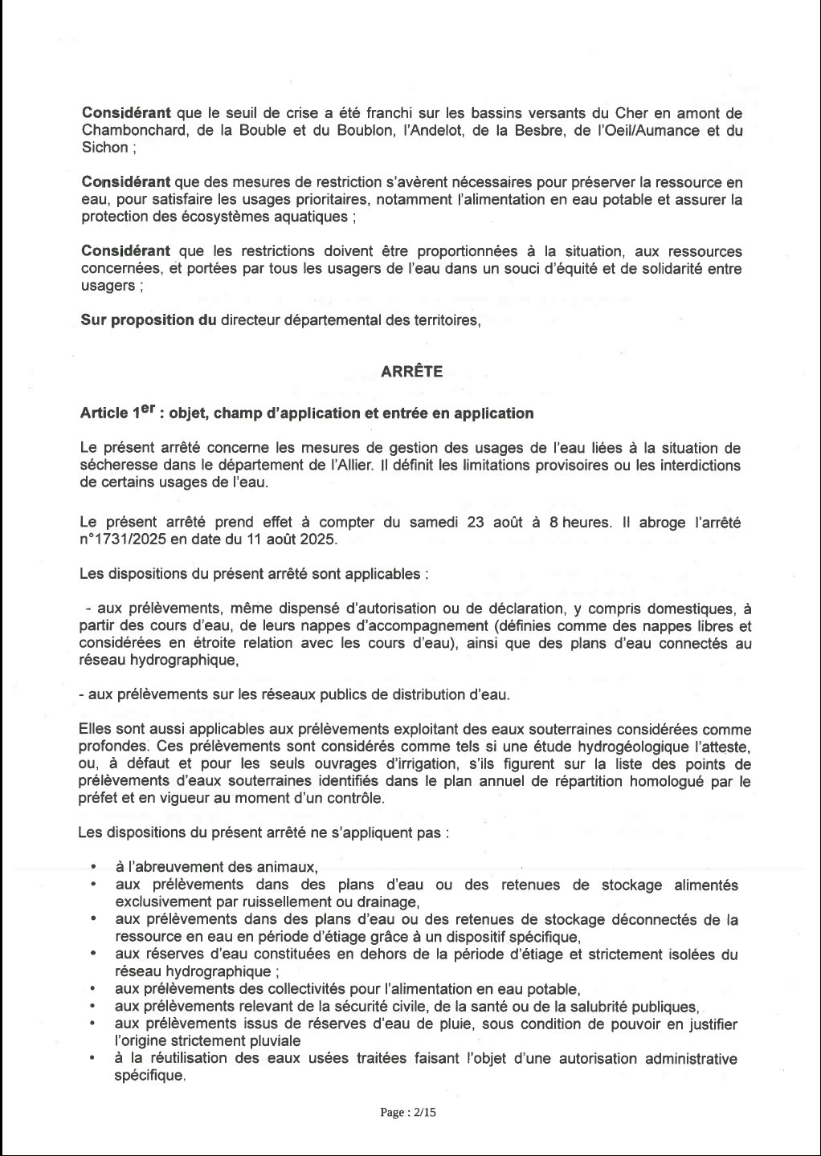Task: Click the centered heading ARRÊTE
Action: (x=410, y=371)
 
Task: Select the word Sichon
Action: (x=104, y=148)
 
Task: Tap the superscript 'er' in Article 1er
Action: (x=141, y=409)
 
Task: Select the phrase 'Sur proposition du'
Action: (x=149, y=320)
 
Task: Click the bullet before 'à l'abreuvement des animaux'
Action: (x=94, y=868)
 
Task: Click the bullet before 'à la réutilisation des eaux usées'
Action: (x=94, y=1059)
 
